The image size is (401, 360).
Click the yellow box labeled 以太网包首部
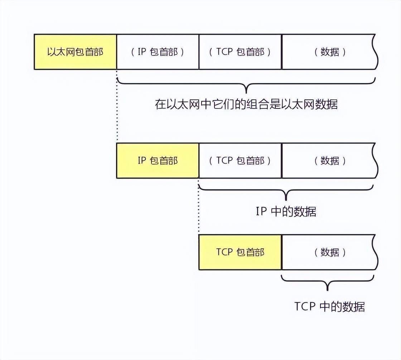[76, 52]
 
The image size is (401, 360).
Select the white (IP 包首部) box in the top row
[158, 52]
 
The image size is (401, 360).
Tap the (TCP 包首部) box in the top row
[240, 52]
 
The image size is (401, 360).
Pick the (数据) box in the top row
[330, 52]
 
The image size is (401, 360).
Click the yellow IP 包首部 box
[158, 161]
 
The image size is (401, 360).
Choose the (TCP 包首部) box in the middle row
[240, 161]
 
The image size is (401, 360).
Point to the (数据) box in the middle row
[330, 161]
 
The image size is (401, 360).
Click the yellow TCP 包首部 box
[240, 252]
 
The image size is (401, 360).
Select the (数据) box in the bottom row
[330, 252]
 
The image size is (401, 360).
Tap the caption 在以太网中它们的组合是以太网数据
[246, 104]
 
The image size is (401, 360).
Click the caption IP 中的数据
[286, 211]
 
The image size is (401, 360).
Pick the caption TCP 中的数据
[329, 306]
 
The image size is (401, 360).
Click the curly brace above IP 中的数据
[286, 190]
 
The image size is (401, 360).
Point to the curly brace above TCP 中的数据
[327, 281]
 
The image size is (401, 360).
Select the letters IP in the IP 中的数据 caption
[261, 211]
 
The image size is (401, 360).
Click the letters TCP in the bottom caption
[305, 306]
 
